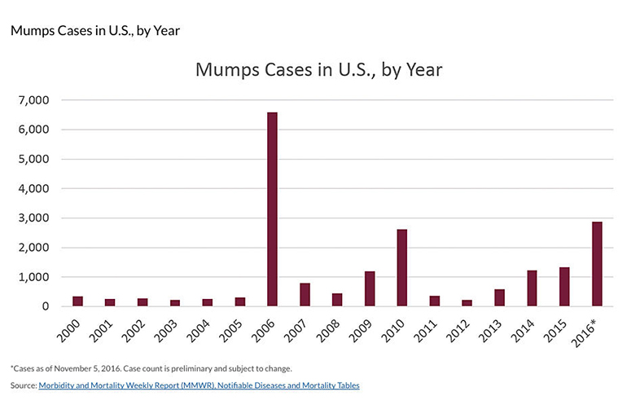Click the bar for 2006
click(272, 209)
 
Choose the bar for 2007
click(305, 295)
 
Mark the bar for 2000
click(77, 301)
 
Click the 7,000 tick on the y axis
click(33, 100)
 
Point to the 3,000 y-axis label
click(33, 218)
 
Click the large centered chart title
click(318, 69)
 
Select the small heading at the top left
click(94, 31)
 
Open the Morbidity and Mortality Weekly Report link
click(199, 385)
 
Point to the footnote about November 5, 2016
click(151, 368)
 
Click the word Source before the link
click(22, 385)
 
